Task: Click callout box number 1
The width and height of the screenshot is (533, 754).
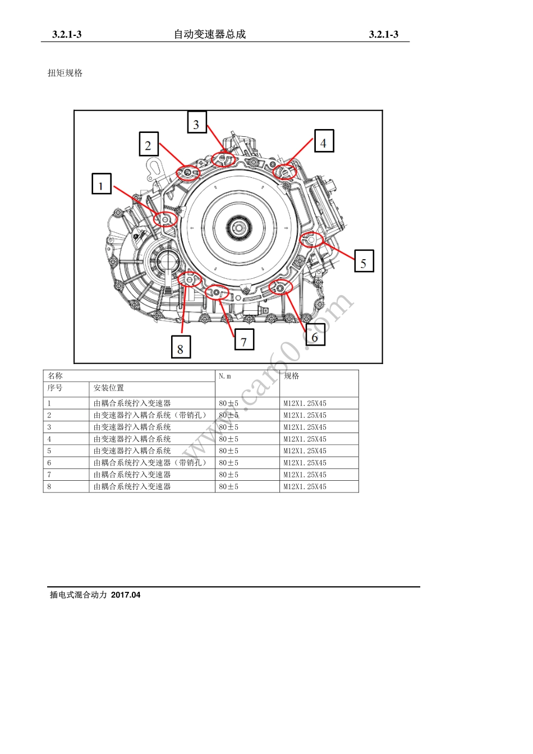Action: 102,184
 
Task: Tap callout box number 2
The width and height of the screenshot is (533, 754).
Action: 149,144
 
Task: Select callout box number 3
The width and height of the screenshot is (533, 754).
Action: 196,122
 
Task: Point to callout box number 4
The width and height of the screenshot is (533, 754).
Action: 323,141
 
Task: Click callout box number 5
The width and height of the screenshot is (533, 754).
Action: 364,262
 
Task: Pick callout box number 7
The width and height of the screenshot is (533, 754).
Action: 243,340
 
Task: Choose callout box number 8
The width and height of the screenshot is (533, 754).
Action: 180,347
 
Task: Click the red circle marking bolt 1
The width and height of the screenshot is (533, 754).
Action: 166,218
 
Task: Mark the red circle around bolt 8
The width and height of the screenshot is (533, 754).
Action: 190,279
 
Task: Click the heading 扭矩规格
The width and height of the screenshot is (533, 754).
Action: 65,73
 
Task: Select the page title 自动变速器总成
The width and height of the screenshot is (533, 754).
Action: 210,34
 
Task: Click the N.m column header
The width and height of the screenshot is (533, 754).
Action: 225,376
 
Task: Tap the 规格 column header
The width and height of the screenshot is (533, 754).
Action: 292,376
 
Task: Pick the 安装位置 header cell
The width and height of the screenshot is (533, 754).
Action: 109,388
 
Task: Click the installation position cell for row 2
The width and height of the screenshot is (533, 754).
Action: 150,415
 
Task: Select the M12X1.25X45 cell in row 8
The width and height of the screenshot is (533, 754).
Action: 305,487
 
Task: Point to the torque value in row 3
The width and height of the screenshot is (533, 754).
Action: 229,427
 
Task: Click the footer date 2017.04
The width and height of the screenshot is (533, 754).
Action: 126,595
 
